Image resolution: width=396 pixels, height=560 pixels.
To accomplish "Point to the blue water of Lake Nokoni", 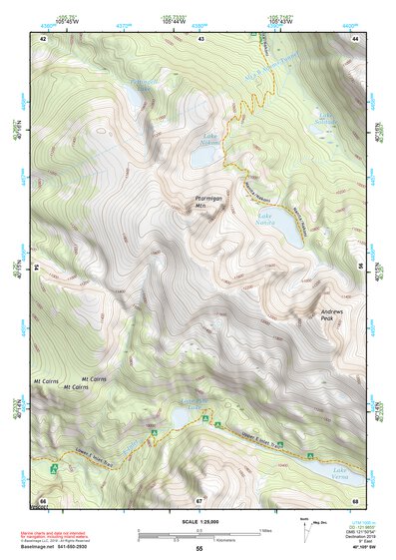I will coord(209,152).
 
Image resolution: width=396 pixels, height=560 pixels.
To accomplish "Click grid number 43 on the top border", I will coord(201,38).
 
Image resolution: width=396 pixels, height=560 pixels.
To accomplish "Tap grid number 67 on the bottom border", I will coord(199,500).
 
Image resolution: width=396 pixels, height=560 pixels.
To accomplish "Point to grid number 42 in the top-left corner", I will coord(43,38).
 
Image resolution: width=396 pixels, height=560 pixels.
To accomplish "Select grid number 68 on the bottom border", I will coord(355,500).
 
